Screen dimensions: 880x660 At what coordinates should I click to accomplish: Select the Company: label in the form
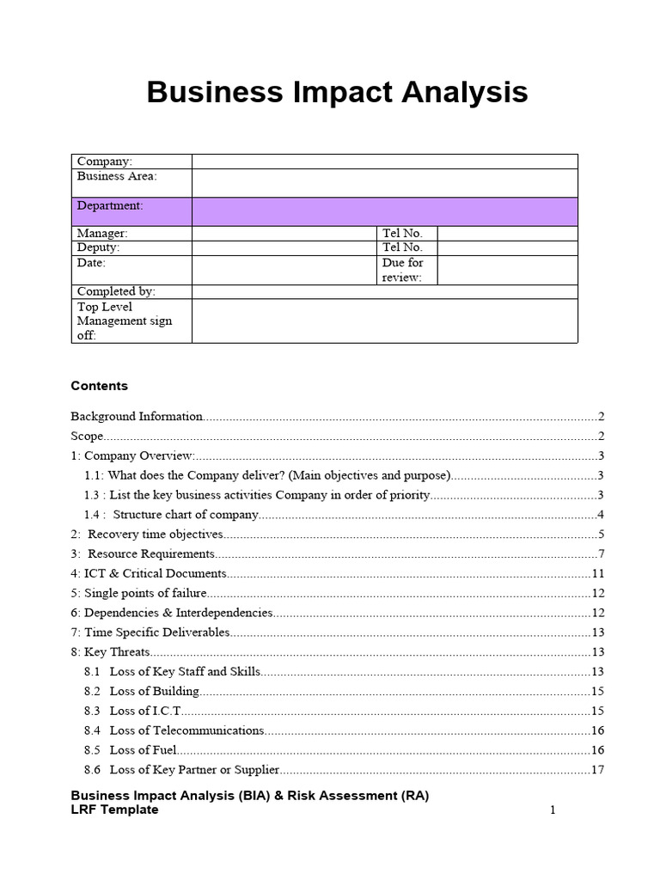pos(105,162)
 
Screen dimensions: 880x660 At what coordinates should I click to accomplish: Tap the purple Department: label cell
pos(110,206)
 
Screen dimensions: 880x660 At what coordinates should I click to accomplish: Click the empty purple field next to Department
pos(384,211)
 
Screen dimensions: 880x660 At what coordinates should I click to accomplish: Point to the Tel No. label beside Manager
pos(402,234)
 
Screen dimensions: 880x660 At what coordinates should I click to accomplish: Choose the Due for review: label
pos(403,270)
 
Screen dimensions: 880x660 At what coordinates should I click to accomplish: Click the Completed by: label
pos(116,292)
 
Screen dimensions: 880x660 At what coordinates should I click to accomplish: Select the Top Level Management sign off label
pos(125,321)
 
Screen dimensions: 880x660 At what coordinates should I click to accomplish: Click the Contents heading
pos(99,386)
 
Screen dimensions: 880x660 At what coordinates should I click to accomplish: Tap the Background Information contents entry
pos(137,417)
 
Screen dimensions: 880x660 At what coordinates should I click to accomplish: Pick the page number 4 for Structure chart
pos(601,515)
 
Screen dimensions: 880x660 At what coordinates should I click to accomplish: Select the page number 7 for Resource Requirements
pos(601,554)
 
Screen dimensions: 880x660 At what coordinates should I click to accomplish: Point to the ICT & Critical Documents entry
pos(149,573)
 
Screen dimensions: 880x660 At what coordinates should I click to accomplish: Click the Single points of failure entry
pos(138,593)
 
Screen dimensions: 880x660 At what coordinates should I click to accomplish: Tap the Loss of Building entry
pos(154,692)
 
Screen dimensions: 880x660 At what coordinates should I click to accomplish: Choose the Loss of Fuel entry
pos(143,750)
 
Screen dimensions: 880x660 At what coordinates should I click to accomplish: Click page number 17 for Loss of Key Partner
pos(597,770)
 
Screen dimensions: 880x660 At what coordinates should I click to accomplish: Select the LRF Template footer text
pos(114,810)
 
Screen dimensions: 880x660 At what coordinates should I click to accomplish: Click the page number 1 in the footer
pos(553,810)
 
